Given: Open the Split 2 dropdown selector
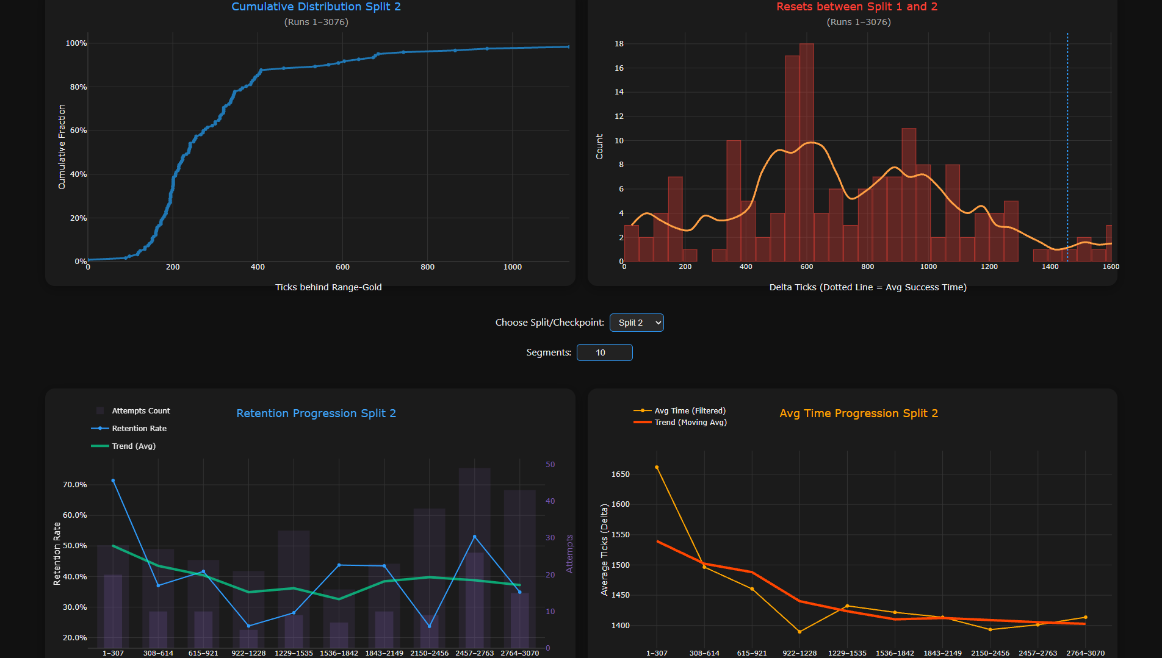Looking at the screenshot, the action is coord(637,323).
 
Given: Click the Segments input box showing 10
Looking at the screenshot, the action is coord(604,352).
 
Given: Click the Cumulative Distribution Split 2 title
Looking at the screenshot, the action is coord(316,7).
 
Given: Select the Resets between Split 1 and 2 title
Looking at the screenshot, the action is coord(857,7).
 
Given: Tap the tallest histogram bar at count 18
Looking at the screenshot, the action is coord(806,152).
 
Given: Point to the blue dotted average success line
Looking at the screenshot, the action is coord(1067,147).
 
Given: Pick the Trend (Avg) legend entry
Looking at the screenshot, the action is coord(123,446).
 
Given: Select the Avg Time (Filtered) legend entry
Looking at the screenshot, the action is coord(680,411).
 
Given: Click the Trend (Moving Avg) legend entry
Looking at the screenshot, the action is coord(680,423).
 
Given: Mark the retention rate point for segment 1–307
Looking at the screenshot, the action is coord(113,481).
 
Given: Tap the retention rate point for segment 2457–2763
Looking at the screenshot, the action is coord(475,537).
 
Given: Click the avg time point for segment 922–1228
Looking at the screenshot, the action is coord(799,632).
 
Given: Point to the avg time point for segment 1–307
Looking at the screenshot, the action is coord(657,467).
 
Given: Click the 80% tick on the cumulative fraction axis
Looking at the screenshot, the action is coord(78,87).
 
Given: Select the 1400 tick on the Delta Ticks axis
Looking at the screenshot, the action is coord(1050,266).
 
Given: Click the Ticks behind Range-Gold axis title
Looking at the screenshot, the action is coord(328,287).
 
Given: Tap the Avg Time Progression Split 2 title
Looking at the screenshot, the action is coord(859,413).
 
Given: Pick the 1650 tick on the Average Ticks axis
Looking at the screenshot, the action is coord(620,474).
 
